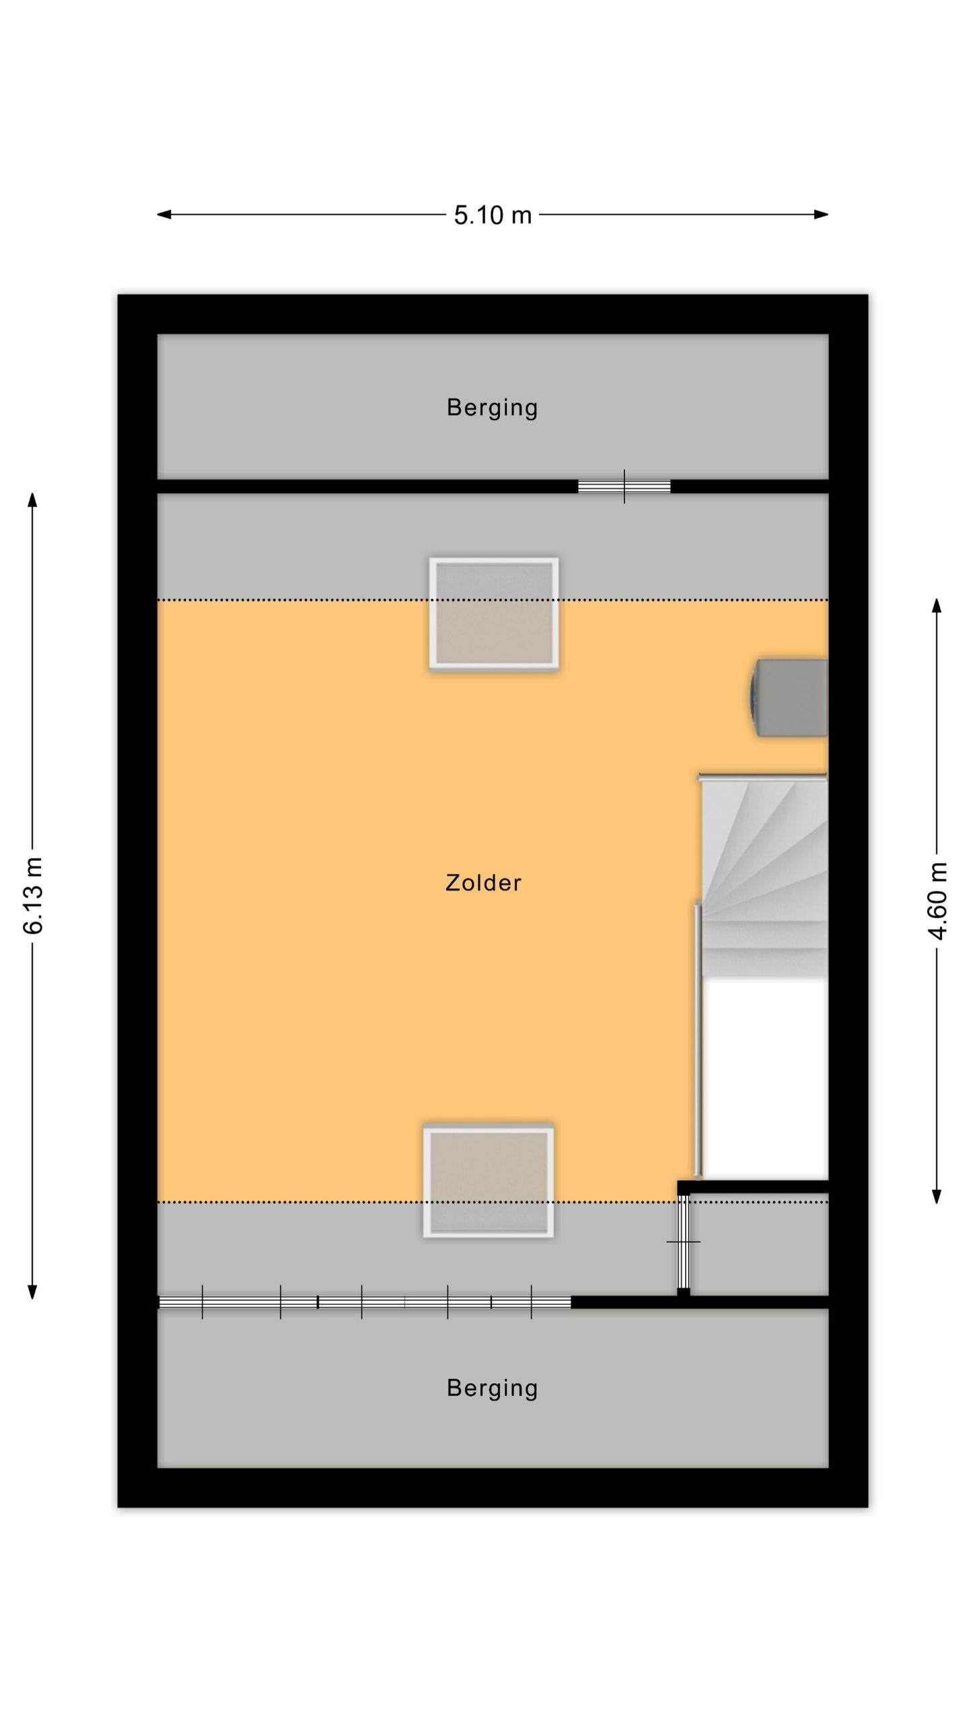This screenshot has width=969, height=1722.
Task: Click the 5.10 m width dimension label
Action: tap(493, 215)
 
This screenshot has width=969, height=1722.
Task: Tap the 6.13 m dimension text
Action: tap(33, 896)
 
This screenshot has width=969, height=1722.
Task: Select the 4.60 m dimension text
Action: tap(937, 901)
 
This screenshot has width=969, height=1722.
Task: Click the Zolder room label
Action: tap(483, 883)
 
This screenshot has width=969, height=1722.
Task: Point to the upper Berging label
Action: tap(493, 408)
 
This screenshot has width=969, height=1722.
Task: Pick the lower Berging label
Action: tap(493, 1388)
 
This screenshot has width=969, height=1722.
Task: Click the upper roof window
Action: tap(494, 613)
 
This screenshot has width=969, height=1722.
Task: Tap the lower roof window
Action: tap(489, 1182)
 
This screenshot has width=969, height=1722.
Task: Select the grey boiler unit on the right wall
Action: tap(789, 698)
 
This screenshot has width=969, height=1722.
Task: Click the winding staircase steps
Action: tap(765, 876)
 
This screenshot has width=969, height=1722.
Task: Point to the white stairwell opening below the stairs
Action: tap(765, 1078)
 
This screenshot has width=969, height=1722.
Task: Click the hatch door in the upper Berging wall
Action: tap(624, 486)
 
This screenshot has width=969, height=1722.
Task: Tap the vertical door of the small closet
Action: tap(683, 1242)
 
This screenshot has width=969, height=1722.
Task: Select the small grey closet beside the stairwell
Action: tap(759, 1245)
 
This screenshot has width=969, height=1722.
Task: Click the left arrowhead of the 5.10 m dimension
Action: tap(164, 215)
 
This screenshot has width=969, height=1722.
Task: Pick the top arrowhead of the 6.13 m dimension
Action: tap(32, 500)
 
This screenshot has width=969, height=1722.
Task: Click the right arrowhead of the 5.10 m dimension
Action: tap(821, 215)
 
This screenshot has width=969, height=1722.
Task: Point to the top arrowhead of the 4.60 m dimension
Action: tap(936, 605)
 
